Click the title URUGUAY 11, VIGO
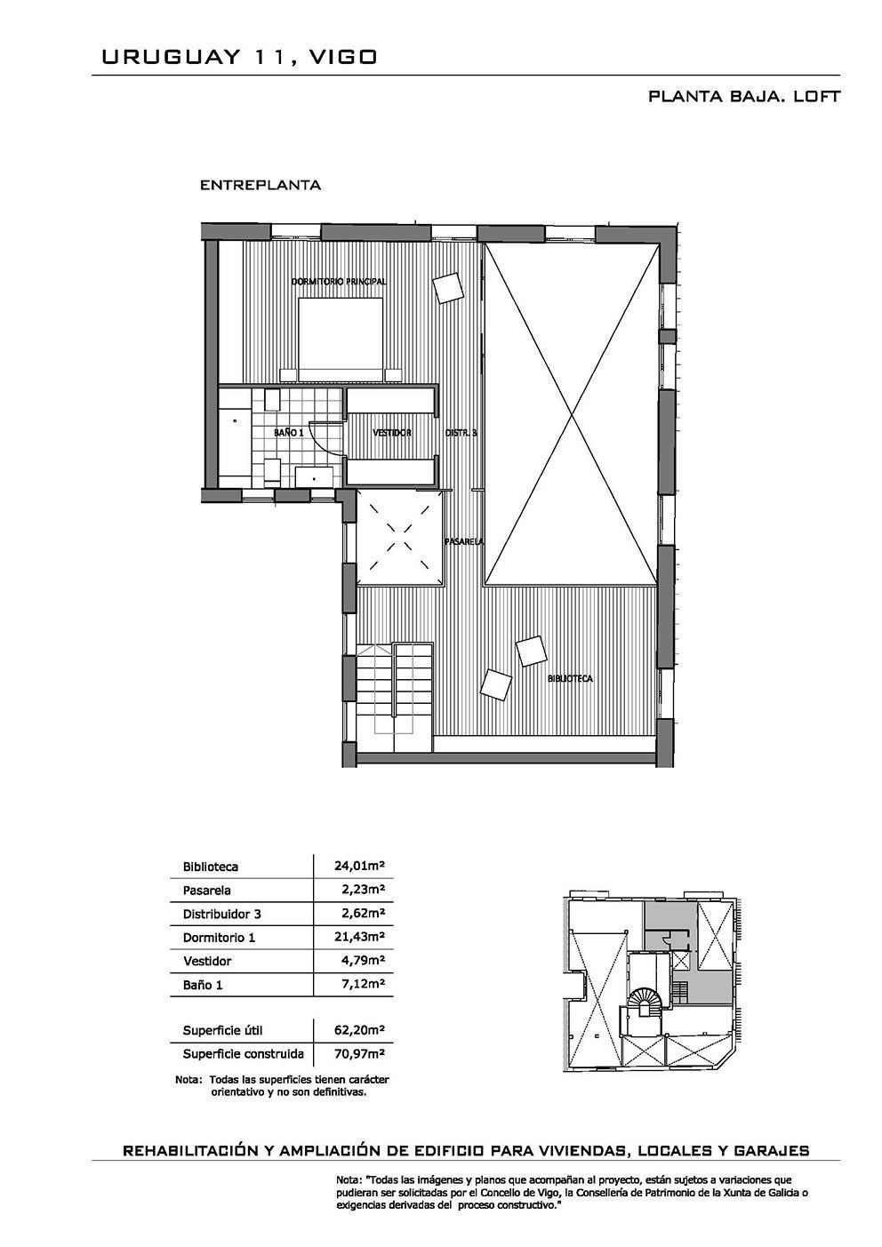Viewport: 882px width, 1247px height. pyautogui.click(x=239, y=57)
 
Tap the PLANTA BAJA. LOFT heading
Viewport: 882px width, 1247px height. pyautogui.click(x=744, y=96)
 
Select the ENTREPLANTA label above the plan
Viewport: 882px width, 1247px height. pyautogui.click(x=260, y=186)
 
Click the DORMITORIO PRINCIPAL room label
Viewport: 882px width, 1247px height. pyautogui.click(x=339, y=282)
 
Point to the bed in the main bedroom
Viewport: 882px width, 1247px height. pyautogui.click(x=341, y=340)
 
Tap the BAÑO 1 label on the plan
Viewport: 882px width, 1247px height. pyautogui.click(x=288, y=432)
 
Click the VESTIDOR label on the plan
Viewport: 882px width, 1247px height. pyautogui.click(x=392, y=433)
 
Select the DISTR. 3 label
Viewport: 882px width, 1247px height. pyautogui.click(x=461, y=433)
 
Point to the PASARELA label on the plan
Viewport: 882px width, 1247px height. pyautogui.click(x=464, y=541)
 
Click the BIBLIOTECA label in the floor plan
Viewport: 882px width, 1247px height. pyautogui.click(x=570, y=679)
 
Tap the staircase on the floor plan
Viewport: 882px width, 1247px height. pyautogui.click(x=394, y=698)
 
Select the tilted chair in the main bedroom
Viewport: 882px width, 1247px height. pyautogui.click(x=448, y=288)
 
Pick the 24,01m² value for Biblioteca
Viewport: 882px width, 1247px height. pyautogui.click(x=360, y=865)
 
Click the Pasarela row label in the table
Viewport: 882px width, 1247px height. pyautogui.click(x=206, y=891)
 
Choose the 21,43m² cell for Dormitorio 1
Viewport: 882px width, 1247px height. pyautogui.click(x=360, y=937)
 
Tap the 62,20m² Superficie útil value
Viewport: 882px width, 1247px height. pyautogui.click(x=360, y=1029)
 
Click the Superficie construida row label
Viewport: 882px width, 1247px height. pyautogui.click(x=244, y=1053)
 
